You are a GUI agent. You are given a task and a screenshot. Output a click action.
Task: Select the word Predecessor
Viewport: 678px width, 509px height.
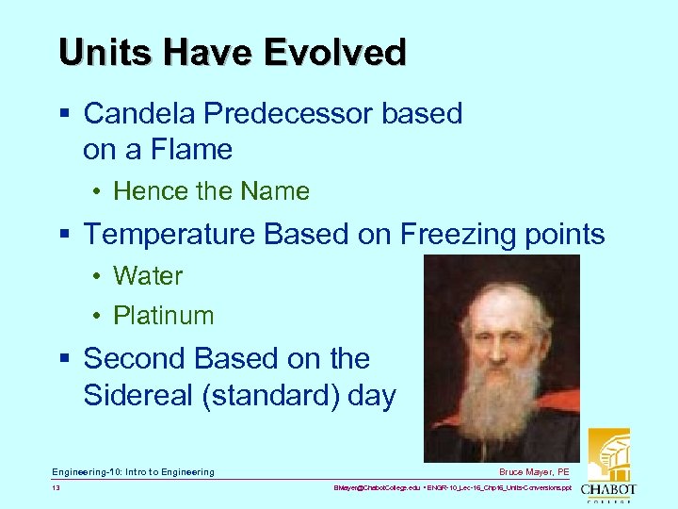pos(291,114)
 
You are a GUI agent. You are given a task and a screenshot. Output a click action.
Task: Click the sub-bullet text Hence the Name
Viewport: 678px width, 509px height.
pos(211,191)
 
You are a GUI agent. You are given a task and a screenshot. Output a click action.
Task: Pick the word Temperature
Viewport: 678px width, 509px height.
pos(169,234)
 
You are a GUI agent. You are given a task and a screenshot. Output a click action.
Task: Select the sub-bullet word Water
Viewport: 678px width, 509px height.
pos(148,276)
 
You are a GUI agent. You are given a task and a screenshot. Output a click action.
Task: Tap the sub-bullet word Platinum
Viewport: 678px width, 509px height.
pos(164,316)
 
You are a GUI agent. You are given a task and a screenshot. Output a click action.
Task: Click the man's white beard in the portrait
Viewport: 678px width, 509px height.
pos(500,396)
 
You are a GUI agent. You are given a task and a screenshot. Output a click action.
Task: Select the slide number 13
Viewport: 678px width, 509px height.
pos(56,489)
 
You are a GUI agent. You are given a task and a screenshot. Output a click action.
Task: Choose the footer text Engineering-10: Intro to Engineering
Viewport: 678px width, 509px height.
pos(133,471)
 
